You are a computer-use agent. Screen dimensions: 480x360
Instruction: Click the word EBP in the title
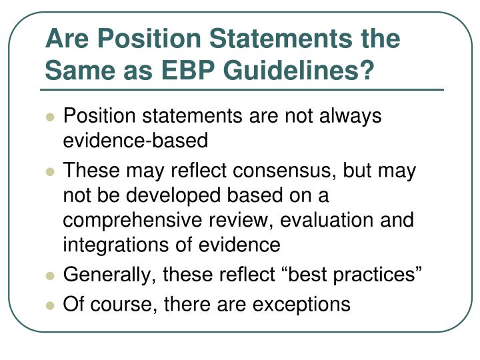click(x=187, y=70)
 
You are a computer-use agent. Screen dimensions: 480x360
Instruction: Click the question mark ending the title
click(x=365, y=70)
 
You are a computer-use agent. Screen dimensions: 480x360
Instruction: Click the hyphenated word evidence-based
click(x=135, y=140)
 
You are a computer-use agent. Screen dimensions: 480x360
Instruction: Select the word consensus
click(x=282, y=171)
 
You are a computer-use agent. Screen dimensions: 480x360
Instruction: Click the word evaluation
click(x=326, y=220)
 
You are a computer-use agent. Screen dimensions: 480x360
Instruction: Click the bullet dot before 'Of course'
click(x=50, y=305)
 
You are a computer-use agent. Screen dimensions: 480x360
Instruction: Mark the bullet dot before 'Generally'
click(x=50, y=276)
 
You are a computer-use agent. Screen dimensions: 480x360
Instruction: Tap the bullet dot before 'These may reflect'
click(x=50, y=172)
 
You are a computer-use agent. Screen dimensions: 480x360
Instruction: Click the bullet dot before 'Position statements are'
click(x=50, y=117)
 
